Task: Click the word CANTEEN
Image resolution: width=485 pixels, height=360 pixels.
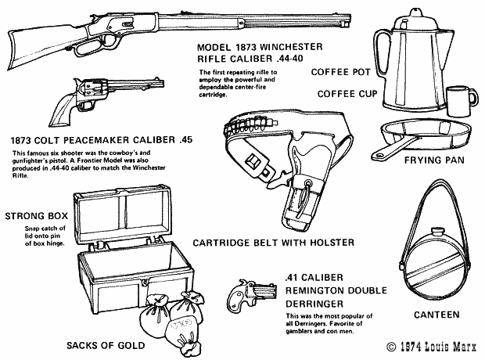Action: (436, 316)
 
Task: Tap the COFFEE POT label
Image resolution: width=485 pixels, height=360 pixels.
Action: (339, 72)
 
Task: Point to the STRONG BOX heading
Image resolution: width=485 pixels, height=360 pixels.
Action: (37, 216)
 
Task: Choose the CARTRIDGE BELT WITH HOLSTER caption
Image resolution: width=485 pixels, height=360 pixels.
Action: (262, 242)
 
